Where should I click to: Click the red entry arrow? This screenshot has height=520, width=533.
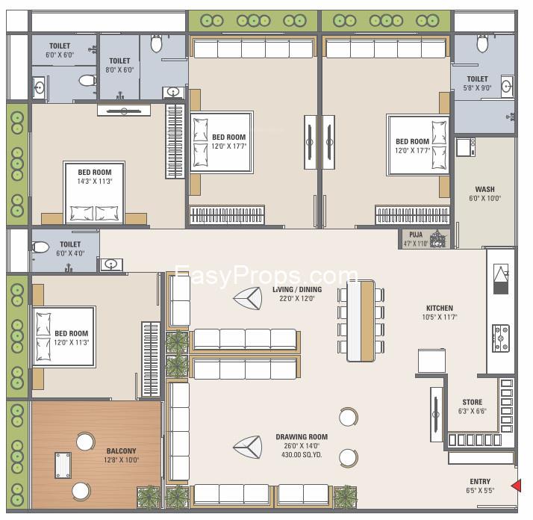coord(517,486)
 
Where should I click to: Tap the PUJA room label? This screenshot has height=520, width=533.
coord(416,235)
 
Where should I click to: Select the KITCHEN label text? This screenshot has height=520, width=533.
coord(440,308)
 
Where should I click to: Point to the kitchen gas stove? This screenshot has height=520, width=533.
coord(501,338)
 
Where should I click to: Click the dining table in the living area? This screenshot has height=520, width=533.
coord(361,321)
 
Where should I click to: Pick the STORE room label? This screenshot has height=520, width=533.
coord(472,402)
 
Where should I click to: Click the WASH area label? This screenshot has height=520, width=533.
coord(484,189)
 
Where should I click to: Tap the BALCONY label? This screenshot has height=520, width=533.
coord(121,451)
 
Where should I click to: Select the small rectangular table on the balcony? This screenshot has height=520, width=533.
coord(63,465)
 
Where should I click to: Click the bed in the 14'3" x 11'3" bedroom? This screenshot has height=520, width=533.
coord(94,193)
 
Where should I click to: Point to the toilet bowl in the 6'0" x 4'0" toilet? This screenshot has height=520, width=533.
coord(41,247)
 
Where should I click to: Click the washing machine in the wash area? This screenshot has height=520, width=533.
coord(465,147)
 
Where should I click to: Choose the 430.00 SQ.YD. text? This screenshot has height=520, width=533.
coord(302,455)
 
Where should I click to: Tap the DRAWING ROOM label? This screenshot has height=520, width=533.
coord(302,436)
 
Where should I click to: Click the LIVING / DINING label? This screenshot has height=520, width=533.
coord(297,290)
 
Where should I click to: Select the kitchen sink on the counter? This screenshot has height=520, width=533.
coord(501,279)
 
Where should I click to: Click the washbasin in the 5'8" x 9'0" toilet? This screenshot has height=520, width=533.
coord(507,87)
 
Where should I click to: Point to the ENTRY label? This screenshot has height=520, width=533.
coord(480,482)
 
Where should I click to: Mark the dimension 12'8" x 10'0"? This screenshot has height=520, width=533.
coord(121,460)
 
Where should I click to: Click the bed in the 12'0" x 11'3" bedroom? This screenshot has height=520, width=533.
coord(63,336)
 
